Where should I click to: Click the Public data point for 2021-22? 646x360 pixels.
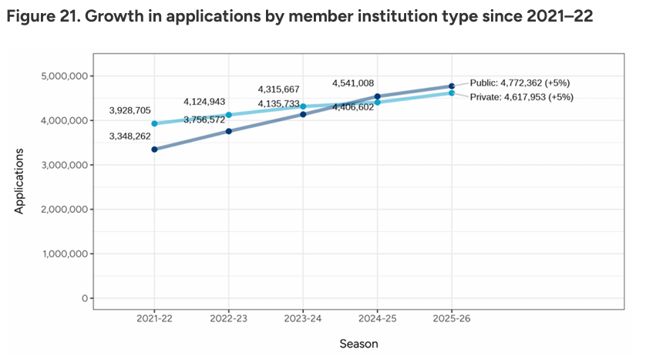[x=155, y=150]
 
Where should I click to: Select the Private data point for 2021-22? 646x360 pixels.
[x=155, y=123]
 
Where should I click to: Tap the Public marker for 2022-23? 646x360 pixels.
[x=229, y=131]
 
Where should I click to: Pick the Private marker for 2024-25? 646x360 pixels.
[x=377, y=103]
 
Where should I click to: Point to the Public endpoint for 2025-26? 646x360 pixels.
[x=452, y=86]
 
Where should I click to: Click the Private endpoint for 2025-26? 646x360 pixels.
[x=452, y=93]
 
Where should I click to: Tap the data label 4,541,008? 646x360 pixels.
[x=358, y=83]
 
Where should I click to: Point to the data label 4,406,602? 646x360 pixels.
[x=358, y=108]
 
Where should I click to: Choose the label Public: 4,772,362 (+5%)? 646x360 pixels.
[x=520, y=82]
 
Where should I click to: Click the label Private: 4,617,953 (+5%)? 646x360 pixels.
[x=521, y=97]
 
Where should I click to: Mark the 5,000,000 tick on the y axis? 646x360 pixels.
[x=65, y=76]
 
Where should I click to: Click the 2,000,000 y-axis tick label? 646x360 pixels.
[x=65, y=210]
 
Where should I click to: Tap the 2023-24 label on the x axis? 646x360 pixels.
[x=303, y=318]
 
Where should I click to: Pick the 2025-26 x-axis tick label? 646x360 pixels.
[x=452, y=318]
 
